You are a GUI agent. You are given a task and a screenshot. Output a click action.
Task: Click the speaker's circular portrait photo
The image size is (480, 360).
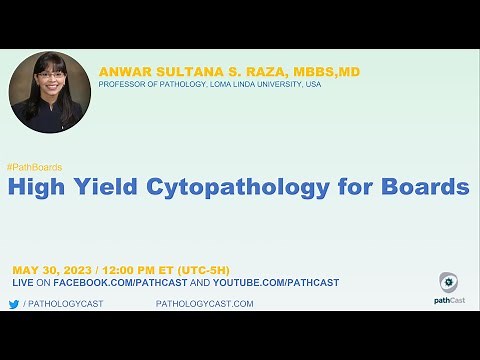pos(49,92)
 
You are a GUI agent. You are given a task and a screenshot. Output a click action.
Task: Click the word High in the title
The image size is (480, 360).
pos(40,187)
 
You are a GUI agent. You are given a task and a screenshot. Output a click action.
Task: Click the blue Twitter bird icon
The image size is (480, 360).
pos(14,304)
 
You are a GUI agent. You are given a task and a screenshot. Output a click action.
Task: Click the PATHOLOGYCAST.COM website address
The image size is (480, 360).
pos(204,304)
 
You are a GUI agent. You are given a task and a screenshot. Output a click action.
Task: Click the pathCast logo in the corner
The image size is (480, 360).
pos(449,287)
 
